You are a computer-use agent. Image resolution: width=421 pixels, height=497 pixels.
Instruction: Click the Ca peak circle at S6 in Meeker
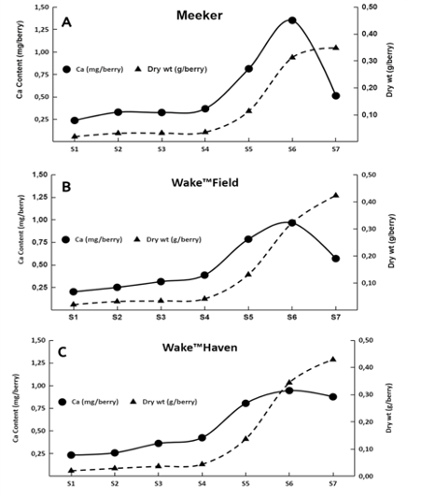point(292,21)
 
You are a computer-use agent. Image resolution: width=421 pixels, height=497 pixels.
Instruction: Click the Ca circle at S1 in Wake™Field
point(74,291)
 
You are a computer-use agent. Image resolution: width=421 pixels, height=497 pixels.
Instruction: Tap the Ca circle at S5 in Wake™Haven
point(246,404)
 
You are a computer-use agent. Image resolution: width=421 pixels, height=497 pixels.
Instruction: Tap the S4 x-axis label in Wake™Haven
point(203,486)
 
